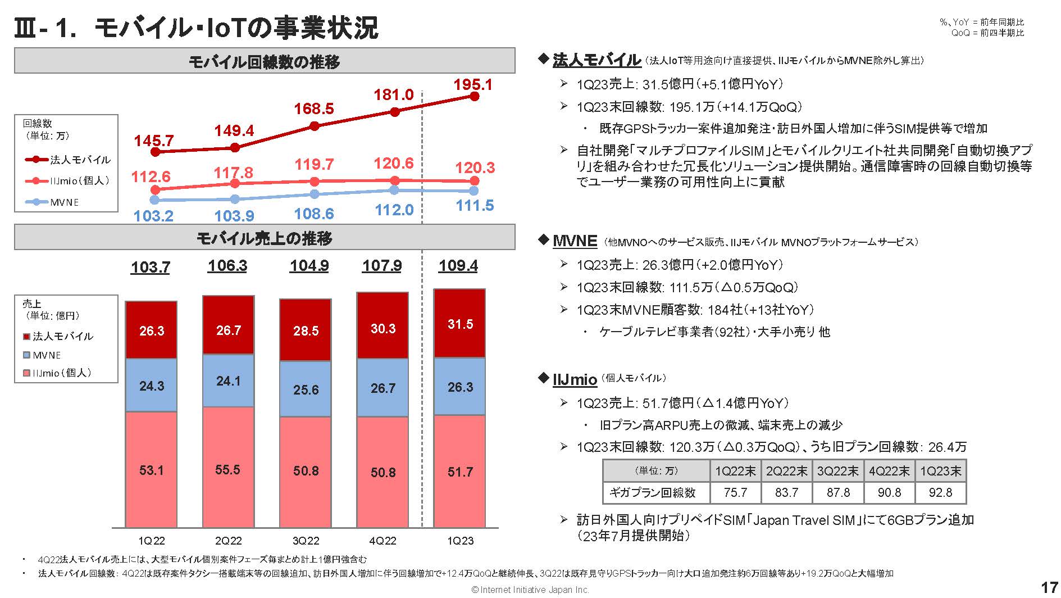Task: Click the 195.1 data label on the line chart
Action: pyautogui.click(x=473, y=85)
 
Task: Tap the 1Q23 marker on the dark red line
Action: pyautogui.click(x=475, y=97)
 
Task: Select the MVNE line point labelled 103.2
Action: pyautogui.click(x=155, y=200)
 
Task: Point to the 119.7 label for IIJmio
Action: pyautogui.click(x=314, y=165)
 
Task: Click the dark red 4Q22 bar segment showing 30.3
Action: pyautogui.click(x=383, y=328)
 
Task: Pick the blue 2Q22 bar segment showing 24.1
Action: pyautogui.click(x=228, y=381)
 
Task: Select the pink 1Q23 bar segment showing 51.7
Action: pyautogui.click(x=460, y=472)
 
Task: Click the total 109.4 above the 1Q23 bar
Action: pyautogui.click(x=458, y=266)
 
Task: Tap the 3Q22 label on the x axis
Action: pyautogui.click(x=306, y=541)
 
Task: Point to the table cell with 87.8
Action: pyautogui.click(x=838, y=493)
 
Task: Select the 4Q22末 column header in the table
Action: pyautogui.click(x=889, y=471)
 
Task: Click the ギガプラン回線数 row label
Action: pyautogui.click(x=653, y=493)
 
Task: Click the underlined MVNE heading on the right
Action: pyautogui.click(x=574, y=241)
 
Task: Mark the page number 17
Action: pyautogui.click(x=1049, y=587)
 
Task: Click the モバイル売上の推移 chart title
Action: pyautogui.click(x=264, y=238)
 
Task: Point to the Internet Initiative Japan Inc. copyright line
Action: pyautogui.click(x=530, y=590)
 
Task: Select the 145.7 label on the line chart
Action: pyautogui.click(x=153, y=141)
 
